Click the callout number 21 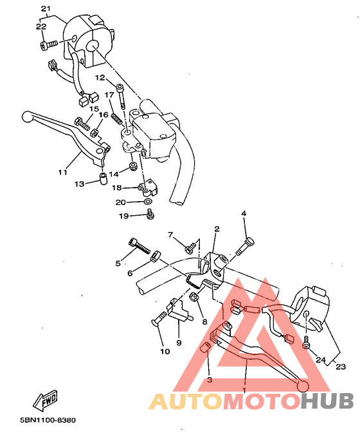(45, 9)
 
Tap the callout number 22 (40, 27)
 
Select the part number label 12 (100, 78)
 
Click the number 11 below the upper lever (62, 172)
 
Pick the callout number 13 (79, 184)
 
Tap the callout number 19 (124, 216)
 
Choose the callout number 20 (120, 202)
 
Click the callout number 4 (244, 213)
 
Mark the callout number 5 (118, 263)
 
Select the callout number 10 (165, 352)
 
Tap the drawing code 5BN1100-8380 (48, 420)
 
